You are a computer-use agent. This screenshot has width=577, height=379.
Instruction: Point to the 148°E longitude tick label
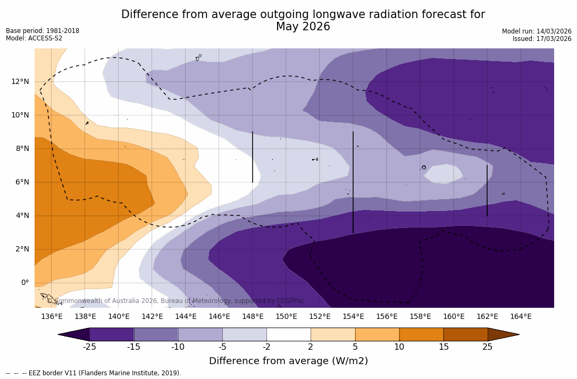[x=253, y=317]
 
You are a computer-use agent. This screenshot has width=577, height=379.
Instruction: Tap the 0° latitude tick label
[x=25, y=282]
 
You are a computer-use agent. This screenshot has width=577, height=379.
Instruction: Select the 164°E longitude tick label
[x=521, y=317]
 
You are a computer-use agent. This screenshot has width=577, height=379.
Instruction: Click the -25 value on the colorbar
[x=89, y=347]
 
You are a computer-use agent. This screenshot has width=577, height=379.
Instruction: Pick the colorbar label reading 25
[x=487, y=347]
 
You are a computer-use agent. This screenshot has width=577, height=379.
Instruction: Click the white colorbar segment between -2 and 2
[x=288, y=334]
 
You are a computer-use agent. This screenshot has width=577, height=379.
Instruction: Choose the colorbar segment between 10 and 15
[x=421, y=334]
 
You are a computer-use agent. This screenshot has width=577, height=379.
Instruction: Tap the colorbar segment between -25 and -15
[x=112, y=334]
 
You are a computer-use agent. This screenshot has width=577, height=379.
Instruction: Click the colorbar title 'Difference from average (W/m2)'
[x=288, y=361]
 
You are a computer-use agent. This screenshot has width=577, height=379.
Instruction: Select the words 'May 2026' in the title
[x=303, y=27]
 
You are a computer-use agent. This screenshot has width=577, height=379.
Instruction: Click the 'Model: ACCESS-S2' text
[x=34, y=38]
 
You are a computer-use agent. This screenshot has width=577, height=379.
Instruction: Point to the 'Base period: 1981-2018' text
[x=43, y=31]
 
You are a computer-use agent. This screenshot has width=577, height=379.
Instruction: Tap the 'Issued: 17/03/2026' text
[x=542, y=39]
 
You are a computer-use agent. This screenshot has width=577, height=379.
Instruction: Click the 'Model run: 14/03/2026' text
[x=537, y=31]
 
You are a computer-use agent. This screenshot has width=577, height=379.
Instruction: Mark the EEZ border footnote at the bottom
[x=94, y=373]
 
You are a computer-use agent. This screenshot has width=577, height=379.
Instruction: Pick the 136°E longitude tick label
[x=52, y=317]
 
